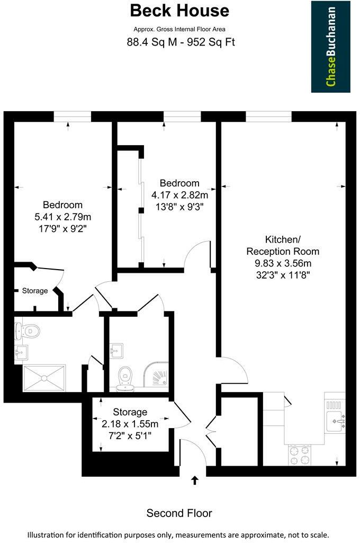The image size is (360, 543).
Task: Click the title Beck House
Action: (179, 11)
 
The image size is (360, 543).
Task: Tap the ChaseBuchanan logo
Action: (330, 47)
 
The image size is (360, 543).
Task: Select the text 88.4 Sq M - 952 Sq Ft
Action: (179, 42)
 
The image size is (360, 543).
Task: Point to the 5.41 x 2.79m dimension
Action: (63, 217)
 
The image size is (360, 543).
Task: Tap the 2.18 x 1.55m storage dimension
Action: (130, 423)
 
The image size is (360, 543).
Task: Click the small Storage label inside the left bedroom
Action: (35, 291)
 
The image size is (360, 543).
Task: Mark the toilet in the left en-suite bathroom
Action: (30, 331)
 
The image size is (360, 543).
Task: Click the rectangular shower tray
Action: (44, 378)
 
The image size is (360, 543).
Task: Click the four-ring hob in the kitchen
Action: (299, 455)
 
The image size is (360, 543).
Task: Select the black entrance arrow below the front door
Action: (194, 480)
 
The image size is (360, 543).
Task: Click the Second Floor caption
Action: (179, 513)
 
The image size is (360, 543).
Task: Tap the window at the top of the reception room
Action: (268, 116)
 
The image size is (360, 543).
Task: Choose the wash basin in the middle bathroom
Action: (118, 350)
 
